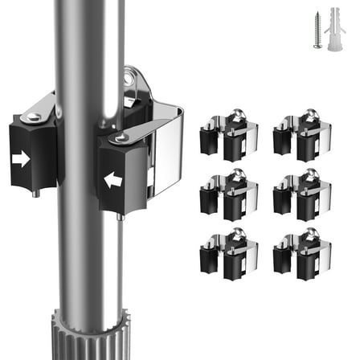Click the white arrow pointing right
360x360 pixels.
pos(22,160)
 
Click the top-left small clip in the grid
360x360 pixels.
pos(229,137)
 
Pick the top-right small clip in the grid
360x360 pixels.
pos(301,137)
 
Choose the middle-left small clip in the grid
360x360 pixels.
pos(229,195)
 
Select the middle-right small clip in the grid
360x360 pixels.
pos(301,195)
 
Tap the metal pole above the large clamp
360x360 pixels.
pos(80,48)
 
